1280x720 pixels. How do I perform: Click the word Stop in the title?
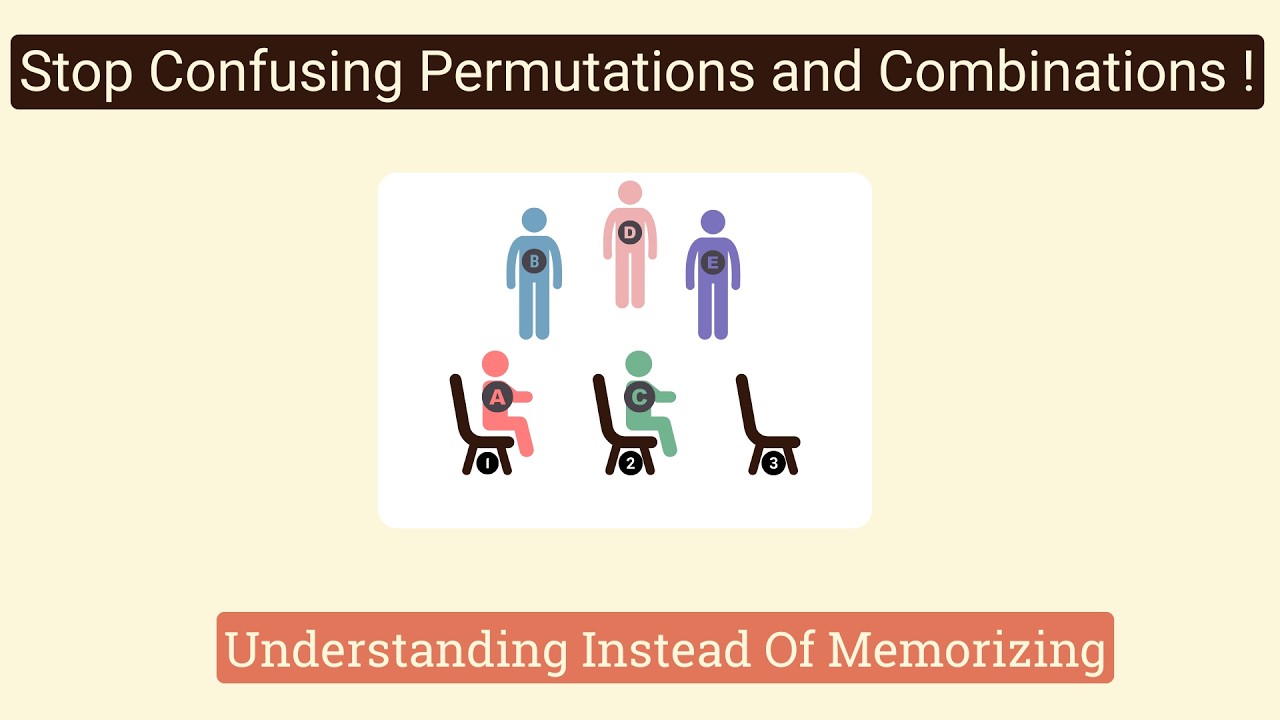pyautogui.click(x=76, y=72)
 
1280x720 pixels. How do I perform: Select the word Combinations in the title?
pyautogui.click(x=1044, y=72)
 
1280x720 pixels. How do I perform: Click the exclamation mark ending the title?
pyautogui.click(x=1243, y=72)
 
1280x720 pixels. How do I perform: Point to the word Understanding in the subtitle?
pyautogui.click(x=395, y=649)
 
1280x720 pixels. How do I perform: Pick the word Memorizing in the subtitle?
pyautogui.click(x=966, y=649)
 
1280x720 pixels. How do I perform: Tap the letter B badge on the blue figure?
pyautogui.click(x=534, y=262)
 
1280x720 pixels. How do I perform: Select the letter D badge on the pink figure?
pyautogui.click(x=629, y=233)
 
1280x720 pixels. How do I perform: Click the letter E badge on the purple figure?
pyautogui.click(x=712, y=263)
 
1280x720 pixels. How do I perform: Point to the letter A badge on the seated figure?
pyautogui.click(x=497, y=397)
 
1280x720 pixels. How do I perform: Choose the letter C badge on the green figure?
pyautogui.click(x=639, y=397)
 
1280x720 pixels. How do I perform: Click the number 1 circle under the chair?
pyautogui.click(x=487, y=463)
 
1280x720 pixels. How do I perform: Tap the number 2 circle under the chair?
pyautogui.click(x=630, y=463)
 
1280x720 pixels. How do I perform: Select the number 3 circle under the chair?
pyautogui.click(x=773, y=463)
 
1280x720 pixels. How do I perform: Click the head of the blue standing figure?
pyautogui.click(x=534, y=220)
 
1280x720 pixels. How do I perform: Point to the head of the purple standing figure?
pyautogui.click(x=712, y=222)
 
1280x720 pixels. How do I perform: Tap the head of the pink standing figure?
pyautogui.click(x=629, y=192)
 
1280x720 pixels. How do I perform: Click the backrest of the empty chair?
pyautogui.click(x=746, y=405)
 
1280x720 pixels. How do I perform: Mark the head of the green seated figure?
pyautogui.click(x=638, y=364)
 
